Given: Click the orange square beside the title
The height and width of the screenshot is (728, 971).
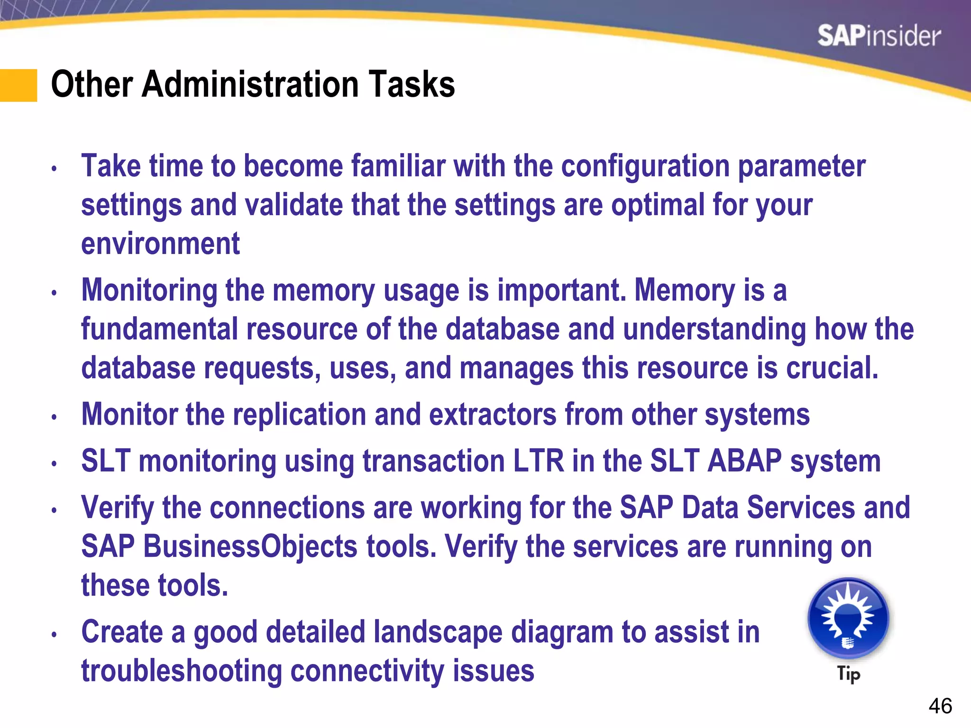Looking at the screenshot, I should pos(18,85).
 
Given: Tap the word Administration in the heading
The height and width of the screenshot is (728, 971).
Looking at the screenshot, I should pos(251,84).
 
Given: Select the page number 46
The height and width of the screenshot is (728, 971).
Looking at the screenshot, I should pos(940,706).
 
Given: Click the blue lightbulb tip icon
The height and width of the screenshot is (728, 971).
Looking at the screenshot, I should pos(848,619).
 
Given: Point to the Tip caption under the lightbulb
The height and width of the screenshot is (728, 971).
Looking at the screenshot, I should pos(848,673).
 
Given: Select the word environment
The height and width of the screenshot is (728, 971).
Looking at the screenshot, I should pos(160,244).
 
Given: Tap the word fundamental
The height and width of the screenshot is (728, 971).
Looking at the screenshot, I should pos(159,329).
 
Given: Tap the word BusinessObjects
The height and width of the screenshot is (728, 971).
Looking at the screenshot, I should pos(250,546).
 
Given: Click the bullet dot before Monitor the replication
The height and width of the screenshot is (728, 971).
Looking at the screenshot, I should pos(55,417).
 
